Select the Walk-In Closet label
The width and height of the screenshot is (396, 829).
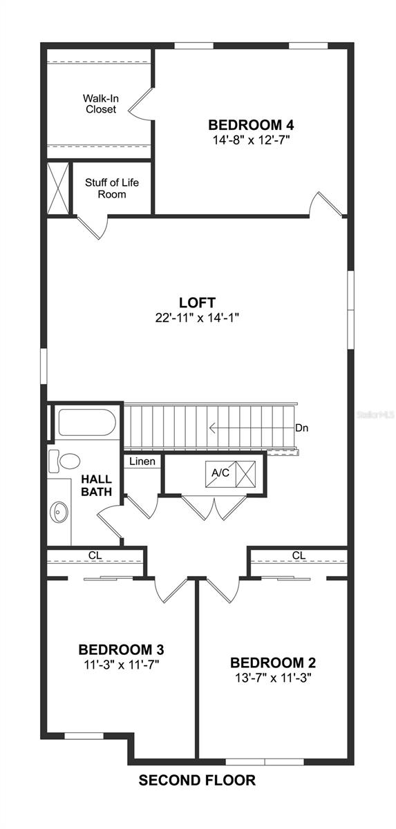100,104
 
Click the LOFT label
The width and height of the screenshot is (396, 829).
197,303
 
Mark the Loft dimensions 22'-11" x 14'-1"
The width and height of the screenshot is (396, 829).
197,318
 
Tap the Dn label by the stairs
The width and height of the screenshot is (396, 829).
301,428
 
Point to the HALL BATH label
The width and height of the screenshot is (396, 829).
97,486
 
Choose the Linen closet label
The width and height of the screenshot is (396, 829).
142,461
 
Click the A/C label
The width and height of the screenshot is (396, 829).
220,473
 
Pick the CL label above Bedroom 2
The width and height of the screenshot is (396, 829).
299,555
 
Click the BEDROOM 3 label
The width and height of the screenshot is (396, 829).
121,650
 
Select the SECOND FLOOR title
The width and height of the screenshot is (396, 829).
197,781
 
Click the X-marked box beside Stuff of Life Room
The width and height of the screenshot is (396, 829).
57,187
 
